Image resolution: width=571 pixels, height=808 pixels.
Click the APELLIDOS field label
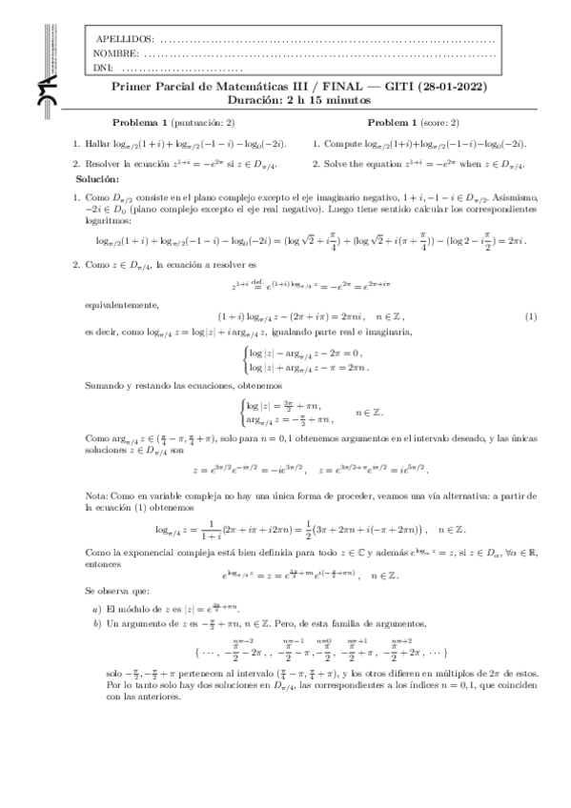click(x=125, y=39)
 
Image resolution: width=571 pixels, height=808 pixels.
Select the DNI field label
click(x=104, y=68)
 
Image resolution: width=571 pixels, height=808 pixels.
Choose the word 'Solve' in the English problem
click(x=338, y=164)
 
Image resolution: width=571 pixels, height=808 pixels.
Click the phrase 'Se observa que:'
click(x=117, y=591)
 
